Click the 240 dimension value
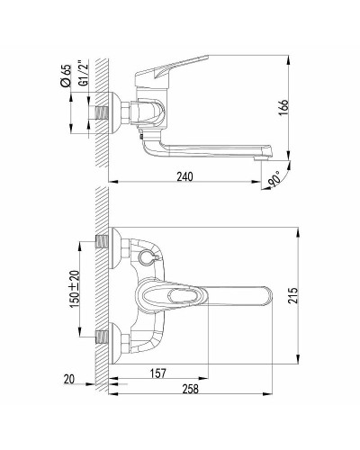click(x=184, y=176)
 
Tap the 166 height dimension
click(x=283, y=108)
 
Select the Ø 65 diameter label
click(x=66, y=76)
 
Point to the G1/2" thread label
click(x=83, y=74)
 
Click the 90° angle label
click(x=274, y=179)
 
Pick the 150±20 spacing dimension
click(x=75, y=289)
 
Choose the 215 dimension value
click(x=292, y=296)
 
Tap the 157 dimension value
click(x=157, y=373)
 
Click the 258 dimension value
click(x=191, y=389)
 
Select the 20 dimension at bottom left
click(x=69, y=380)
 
